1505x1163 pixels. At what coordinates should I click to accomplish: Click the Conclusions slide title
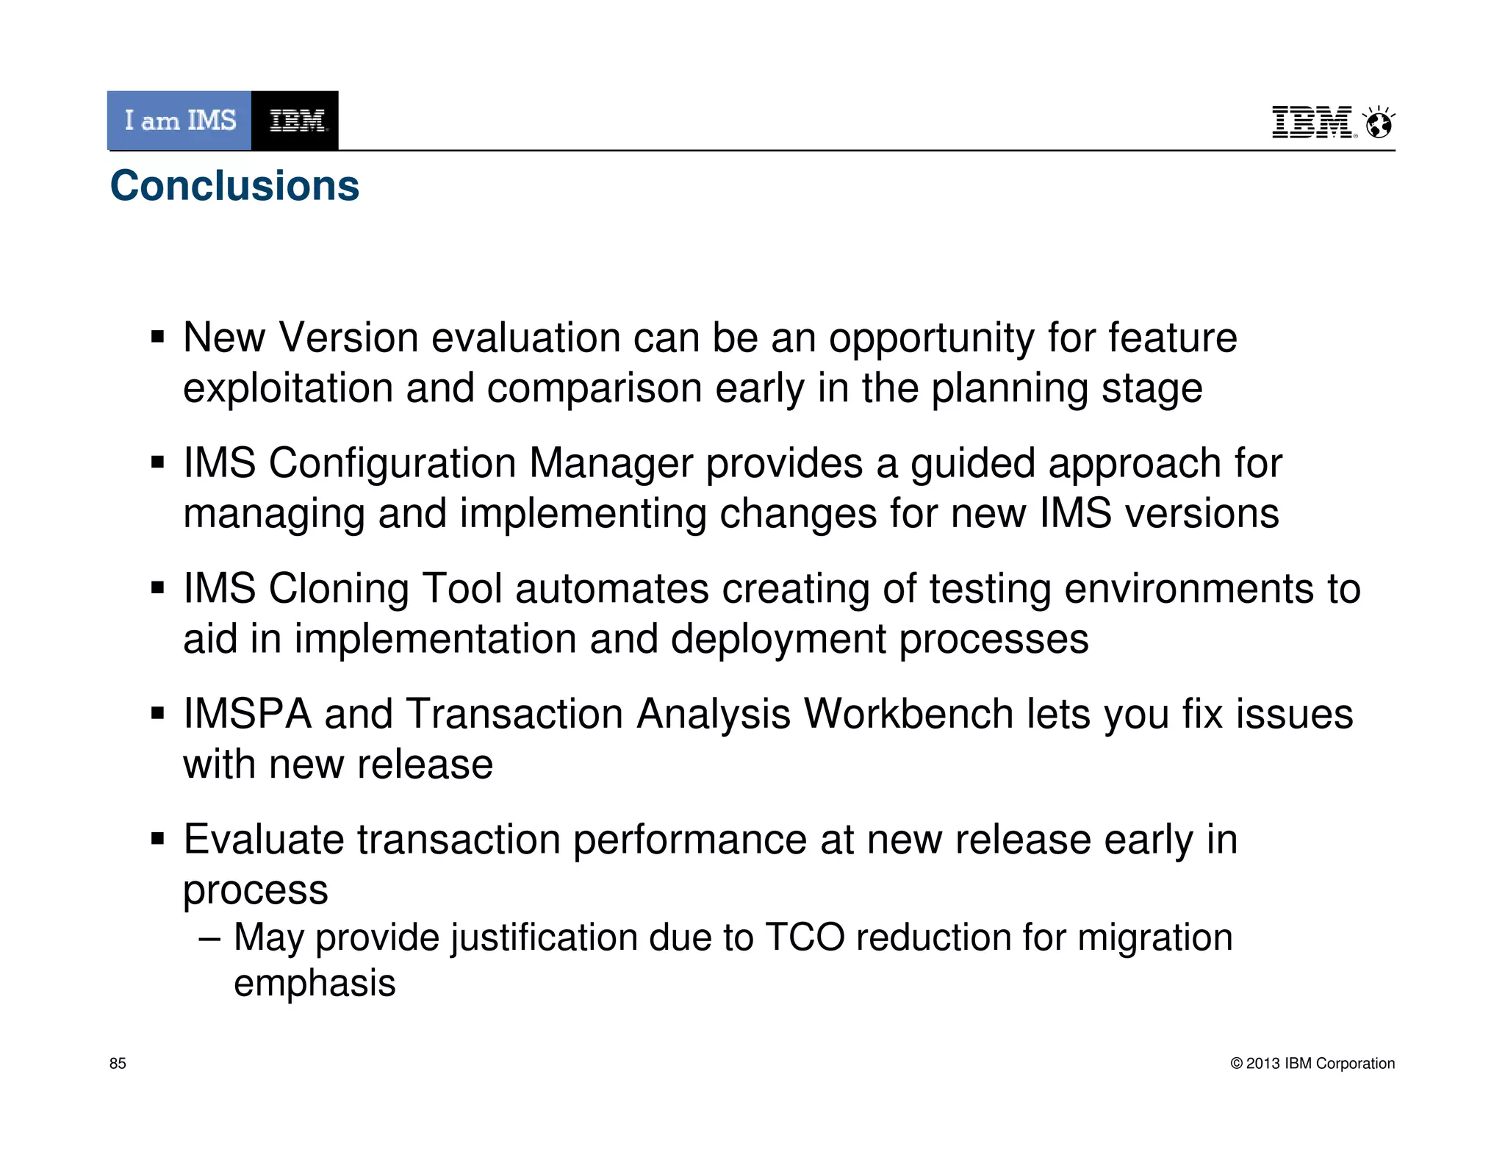234,185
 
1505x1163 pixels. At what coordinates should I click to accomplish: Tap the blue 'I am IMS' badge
179,121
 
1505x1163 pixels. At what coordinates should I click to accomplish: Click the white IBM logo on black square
295,121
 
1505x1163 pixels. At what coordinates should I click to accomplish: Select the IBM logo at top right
1313,122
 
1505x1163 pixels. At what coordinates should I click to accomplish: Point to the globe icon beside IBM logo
1379,123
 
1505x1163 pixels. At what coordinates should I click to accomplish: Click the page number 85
118,1063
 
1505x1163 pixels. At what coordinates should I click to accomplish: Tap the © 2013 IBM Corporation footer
1312,1063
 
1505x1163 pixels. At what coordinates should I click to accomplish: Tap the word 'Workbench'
908,714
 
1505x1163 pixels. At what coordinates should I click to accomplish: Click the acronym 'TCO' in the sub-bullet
805,938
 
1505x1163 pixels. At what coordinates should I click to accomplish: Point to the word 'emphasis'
315,984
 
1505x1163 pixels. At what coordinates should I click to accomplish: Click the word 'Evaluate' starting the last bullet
263,840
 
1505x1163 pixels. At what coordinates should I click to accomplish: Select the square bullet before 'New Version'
157,338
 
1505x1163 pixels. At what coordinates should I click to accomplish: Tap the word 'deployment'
777,639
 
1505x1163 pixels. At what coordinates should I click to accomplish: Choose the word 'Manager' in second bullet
611,464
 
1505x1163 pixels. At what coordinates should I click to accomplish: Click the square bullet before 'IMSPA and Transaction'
157,713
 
